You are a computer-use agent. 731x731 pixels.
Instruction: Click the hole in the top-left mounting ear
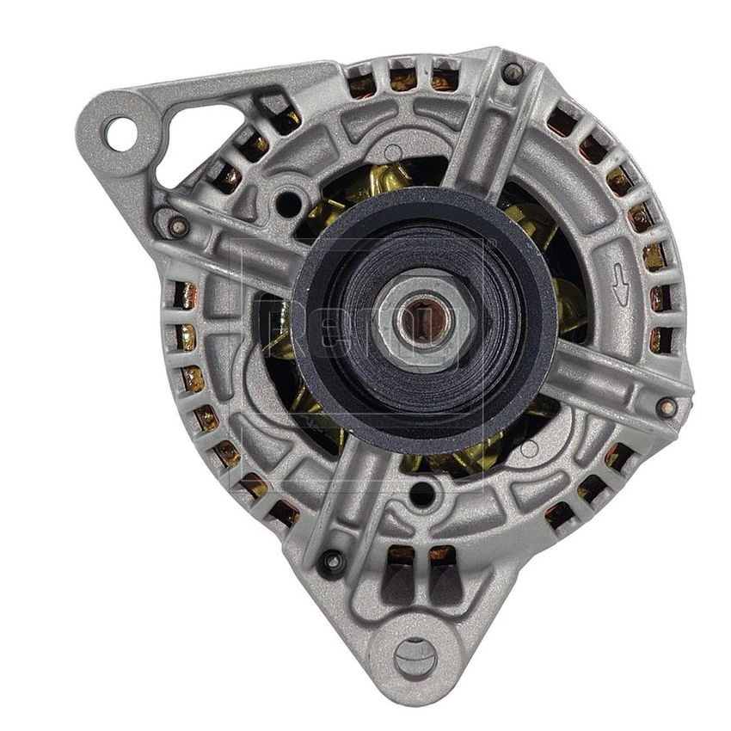pyautogui.click(x=120, y=133)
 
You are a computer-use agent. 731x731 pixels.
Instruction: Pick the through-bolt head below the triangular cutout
pyautogui.click(x=178, y=226)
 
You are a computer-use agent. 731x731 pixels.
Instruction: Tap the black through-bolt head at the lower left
pyautogui.click(x=330, y=563)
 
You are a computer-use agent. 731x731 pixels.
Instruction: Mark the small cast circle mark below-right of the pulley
pyautogui.click(x=530, y=447)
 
